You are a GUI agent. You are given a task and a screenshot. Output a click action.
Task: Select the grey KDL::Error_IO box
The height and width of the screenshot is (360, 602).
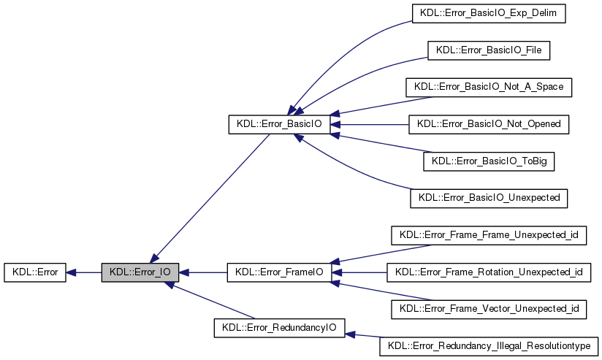[x=140, y=272]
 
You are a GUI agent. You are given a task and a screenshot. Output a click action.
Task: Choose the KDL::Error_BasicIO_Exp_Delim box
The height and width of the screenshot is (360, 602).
[x=489, y=13]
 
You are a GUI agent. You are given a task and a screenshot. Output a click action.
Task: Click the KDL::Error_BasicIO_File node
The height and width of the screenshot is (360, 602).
[x=488, y=50]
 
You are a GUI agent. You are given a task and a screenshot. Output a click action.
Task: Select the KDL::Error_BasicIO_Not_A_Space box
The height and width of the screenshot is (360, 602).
[x=489, y=87]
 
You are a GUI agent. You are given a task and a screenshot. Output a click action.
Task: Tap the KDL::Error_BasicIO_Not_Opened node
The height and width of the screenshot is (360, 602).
[x=489, y=124]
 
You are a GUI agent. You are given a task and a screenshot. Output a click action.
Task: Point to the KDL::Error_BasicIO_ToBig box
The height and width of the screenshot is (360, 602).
[x=489, y=161]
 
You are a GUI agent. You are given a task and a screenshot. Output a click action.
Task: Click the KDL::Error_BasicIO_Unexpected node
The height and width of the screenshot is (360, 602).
[x=489, y=198]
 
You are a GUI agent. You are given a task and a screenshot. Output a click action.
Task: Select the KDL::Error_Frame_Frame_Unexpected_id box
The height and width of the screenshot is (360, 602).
[x=489, y=235]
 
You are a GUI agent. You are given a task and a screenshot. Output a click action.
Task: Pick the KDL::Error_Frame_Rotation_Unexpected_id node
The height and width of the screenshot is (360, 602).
[x=489, y=272]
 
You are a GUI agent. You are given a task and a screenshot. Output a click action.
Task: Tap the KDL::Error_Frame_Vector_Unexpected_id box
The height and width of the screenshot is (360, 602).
[x=489, y=309]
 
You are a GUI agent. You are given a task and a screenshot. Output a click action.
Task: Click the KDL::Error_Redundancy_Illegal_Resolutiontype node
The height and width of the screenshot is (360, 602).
[x=489, y=346]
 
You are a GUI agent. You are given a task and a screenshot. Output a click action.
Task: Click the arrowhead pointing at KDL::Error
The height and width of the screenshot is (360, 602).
[x=72, y=272]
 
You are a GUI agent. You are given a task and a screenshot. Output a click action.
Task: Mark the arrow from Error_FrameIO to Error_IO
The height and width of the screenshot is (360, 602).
[x=205, y=272]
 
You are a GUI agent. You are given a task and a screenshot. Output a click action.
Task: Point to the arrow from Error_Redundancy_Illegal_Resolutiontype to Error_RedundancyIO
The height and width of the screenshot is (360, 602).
[x=363, y=336]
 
